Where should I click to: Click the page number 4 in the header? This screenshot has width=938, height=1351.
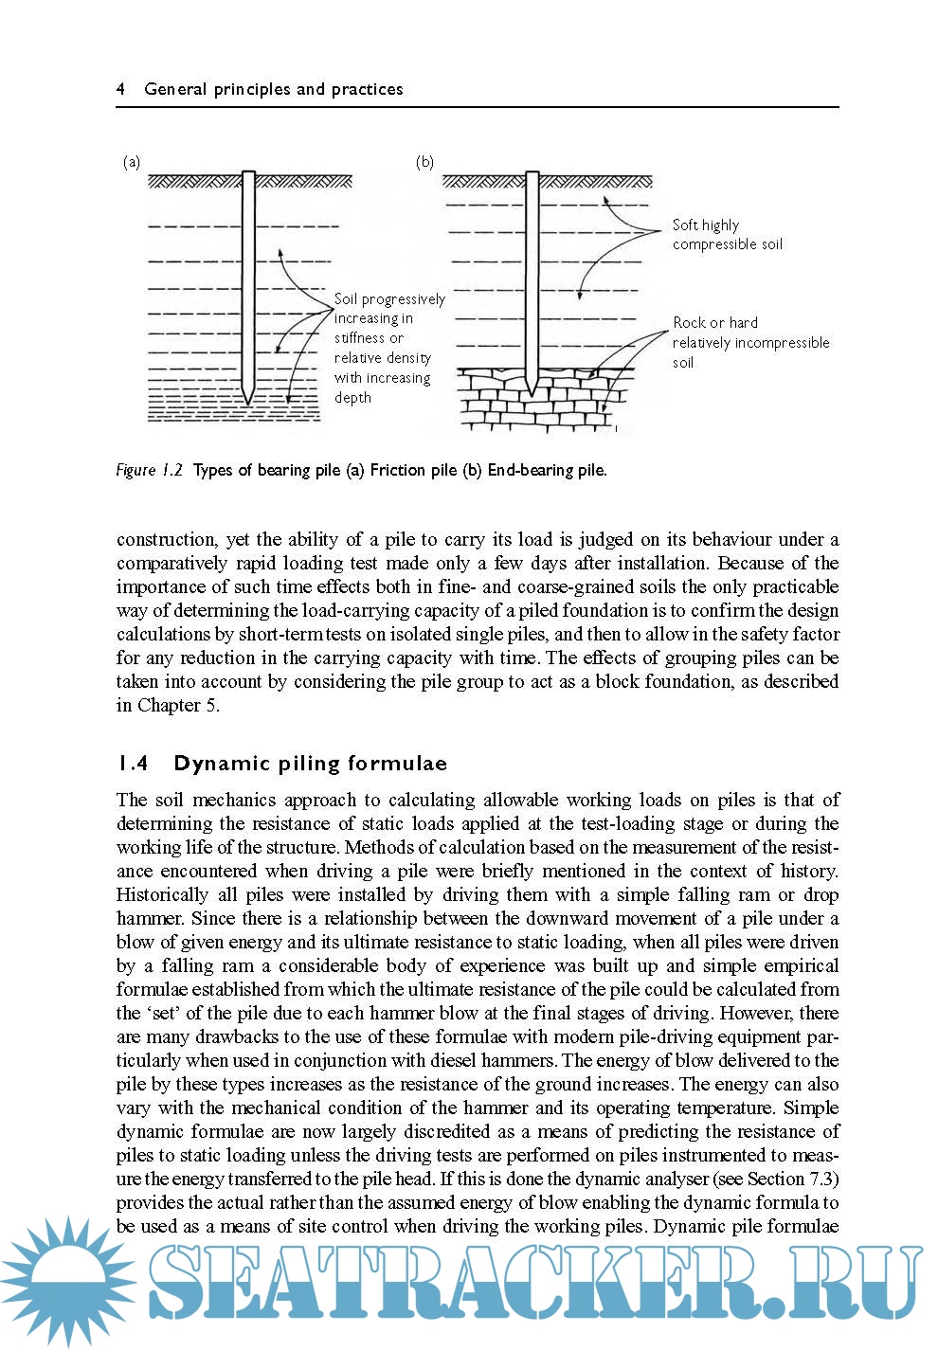(121, 89)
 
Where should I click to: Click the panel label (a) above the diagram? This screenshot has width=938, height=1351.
(132, 162)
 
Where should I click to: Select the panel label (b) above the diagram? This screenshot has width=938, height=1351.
(424, 162)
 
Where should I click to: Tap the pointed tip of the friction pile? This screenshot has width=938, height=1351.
(248, 399)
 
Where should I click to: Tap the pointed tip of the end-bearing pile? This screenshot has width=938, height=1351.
(532, 392)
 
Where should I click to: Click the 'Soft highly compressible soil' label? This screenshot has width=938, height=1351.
(727, 234)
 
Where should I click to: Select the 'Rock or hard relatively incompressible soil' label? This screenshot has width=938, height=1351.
(749, 342)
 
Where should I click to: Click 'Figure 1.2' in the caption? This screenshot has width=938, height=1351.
(149, 470)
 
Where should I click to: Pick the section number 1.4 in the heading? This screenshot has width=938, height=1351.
(133, 764)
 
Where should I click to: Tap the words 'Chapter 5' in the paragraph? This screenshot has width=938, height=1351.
(177, 705)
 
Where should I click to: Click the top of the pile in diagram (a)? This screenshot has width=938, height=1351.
(248, 174)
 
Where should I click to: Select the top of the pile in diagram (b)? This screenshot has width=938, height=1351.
(532, 174)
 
